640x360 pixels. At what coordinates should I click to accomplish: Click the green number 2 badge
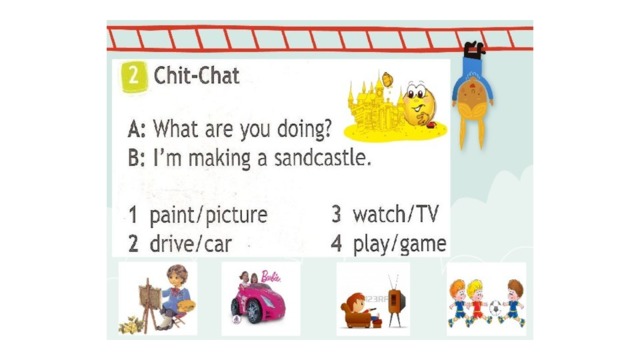[133, 76]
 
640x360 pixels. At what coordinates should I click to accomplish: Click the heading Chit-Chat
[196, 76]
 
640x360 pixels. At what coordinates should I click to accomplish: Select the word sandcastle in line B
[322, 158]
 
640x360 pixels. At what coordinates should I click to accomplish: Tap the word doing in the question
[304, 129]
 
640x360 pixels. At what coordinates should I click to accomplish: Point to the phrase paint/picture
[208, 215]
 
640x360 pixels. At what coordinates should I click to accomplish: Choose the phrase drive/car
[191, 244]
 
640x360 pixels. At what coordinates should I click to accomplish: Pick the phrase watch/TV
[395, 214]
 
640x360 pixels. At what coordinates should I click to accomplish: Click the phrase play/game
[399, 244]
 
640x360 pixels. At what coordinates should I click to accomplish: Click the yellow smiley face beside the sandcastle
[419, 104]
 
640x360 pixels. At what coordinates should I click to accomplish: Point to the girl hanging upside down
[473, 95]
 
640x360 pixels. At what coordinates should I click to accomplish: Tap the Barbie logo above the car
[271, 277]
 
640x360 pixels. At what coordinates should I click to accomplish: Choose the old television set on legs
[396, 300]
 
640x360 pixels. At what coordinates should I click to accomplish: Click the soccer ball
[495, 308]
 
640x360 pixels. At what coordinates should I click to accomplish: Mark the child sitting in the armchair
[358, 310]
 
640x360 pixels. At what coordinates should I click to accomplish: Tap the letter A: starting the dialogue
[136, 129]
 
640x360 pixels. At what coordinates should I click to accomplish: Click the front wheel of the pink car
[253, 311]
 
